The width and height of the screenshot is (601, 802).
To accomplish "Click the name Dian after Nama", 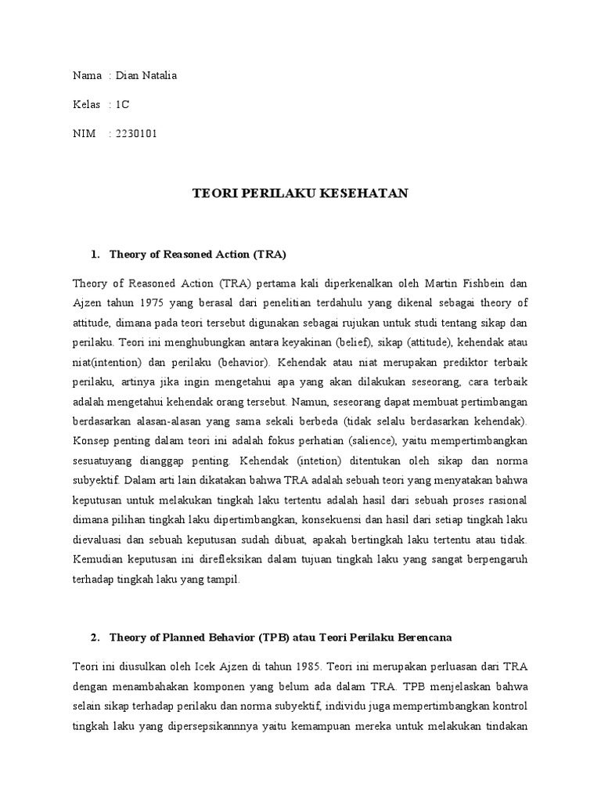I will (128, 75).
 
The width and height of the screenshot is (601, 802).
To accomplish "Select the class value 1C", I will (123, 104).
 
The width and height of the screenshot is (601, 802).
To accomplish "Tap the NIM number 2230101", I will (136, 133).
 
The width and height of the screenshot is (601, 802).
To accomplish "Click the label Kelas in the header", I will (86, 104).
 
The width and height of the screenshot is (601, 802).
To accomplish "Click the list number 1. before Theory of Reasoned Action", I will (96, 255).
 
